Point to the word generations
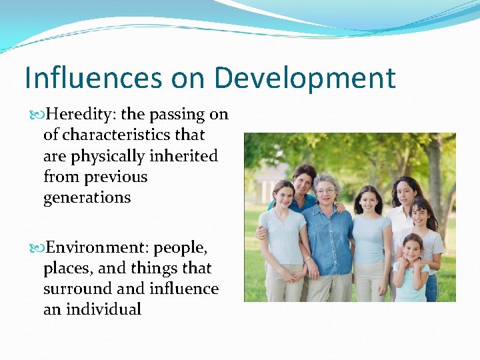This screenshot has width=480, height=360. [87, 198]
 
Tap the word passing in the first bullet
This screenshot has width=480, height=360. [180, 115]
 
